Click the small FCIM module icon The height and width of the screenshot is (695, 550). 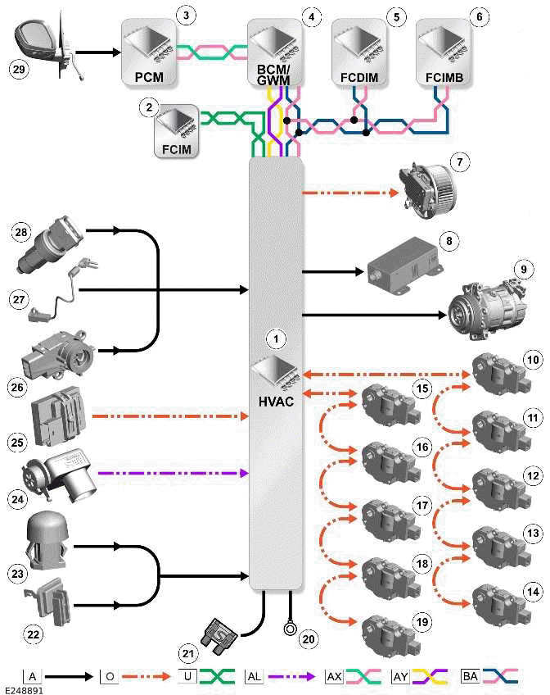(x=175, y=130)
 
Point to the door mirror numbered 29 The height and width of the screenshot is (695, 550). (x=43, y=45)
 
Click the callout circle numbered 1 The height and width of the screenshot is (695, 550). (x=277, y=337)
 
